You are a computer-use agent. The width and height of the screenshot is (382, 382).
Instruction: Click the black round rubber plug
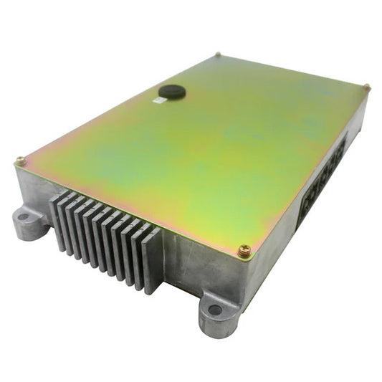pos(171,91)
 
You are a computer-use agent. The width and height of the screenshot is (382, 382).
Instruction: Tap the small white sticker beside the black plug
pos(158,102)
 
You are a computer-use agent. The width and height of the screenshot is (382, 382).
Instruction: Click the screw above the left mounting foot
pos(20,161)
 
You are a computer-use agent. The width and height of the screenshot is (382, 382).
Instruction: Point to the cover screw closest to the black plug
pos(218,54)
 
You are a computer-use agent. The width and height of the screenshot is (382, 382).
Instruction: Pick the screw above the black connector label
pos(366,87)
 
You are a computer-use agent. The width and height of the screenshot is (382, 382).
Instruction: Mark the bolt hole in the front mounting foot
pos(215,310)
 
